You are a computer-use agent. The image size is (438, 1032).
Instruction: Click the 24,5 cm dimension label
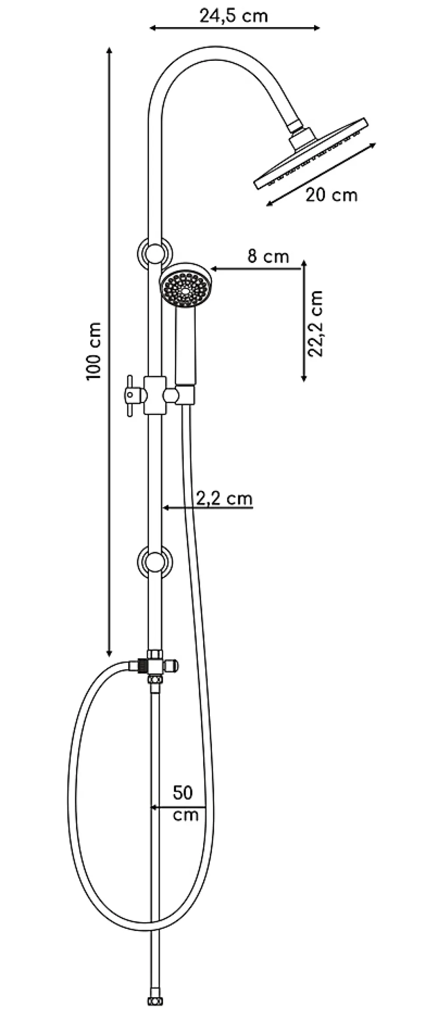tap(233, 16)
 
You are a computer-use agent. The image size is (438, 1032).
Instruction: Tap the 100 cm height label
tap(95, 351)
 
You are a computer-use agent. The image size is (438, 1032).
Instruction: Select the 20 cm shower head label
tap(332, 195)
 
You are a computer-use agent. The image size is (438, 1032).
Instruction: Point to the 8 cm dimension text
tap(268, 256)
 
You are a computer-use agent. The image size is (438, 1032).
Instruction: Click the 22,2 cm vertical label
tap(316, 323)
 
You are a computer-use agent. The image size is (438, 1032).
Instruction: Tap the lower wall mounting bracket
tap(155, 562)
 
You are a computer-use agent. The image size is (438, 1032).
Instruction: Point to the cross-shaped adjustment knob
tap(131, 396)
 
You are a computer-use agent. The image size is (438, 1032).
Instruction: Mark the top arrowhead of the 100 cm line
tap(109, 52)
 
